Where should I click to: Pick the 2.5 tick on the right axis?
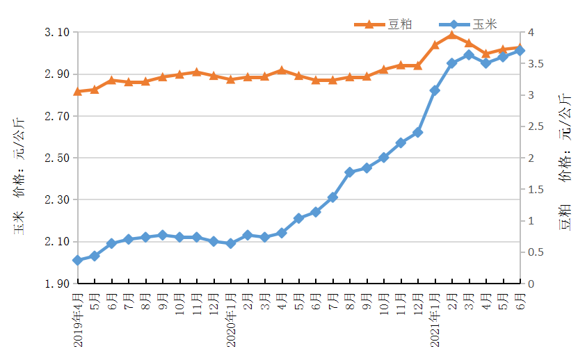533,126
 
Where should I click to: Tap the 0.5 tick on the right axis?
533,252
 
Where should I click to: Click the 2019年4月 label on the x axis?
77,319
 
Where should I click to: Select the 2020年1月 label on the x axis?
231,319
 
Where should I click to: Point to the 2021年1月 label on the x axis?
435,319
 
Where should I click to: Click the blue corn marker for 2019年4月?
77,260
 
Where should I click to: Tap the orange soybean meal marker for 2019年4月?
77,91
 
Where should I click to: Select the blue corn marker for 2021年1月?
435,90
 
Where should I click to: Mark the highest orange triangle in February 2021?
452,35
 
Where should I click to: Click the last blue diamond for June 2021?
520,51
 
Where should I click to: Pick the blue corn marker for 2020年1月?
231,243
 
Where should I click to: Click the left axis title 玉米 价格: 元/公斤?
21,167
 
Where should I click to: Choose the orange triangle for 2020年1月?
231,79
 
